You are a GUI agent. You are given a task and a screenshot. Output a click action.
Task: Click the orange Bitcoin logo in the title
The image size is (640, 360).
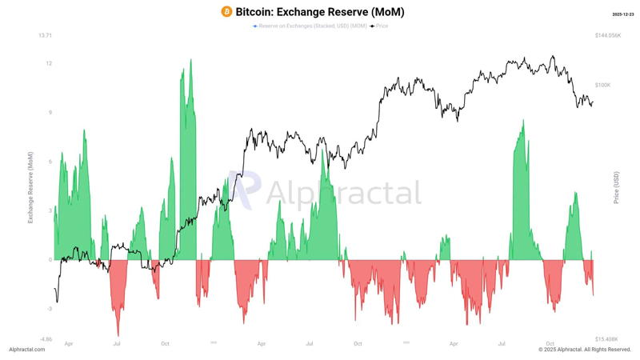click(x=226, y=12)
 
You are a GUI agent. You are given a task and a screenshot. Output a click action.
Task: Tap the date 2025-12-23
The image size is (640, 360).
click(x=622, y=14)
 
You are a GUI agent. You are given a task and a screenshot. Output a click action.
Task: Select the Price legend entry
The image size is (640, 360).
click(x=380, y=26)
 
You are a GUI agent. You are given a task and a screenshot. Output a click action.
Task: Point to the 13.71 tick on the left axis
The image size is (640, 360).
click(x=45, y=36)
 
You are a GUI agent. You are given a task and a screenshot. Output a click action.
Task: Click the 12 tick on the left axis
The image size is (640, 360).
click(x=49, y=63)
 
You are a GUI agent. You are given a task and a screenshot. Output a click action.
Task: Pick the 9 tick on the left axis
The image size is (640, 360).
click(x=50, y=113)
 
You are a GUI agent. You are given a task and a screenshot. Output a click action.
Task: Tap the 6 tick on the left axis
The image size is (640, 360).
click(x=50, y=162)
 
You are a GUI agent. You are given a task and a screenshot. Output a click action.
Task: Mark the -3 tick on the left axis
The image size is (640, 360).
click(x=50, y=309)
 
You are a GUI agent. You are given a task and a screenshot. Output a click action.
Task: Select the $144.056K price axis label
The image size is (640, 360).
click(x=608, y=36)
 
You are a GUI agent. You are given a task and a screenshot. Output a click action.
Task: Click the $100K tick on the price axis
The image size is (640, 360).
click(x=602, y=85)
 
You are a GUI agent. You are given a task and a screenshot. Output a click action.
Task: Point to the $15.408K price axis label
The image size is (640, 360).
click(x=606, y=339)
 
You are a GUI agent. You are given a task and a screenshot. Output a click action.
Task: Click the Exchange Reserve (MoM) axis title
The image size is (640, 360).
click(x=30, y=186)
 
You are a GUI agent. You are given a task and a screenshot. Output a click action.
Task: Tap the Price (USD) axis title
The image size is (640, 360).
click(x=617, y=186)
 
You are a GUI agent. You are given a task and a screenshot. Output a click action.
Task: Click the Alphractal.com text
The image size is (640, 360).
click(x=26, y=350)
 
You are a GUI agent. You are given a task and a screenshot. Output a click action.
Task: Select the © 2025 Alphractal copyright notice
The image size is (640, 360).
click(x=585, y=350)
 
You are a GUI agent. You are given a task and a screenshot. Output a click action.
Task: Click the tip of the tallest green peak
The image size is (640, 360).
click(x=190, y=59)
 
